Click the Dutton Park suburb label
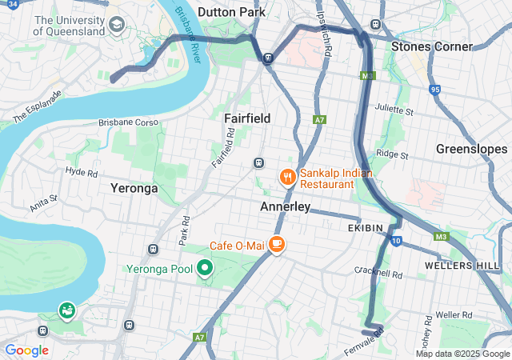231,12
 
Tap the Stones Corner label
431,46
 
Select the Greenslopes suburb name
471,150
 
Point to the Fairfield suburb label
247,118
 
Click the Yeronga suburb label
134,189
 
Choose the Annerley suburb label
286,206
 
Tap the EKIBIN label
366,228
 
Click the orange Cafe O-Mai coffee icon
277,244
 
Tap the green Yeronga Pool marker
205,268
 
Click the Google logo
26,350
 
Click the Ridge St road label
392,154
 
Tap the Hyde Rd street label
81,172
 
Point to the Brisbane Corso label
129,123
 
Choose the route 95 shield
434,90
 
